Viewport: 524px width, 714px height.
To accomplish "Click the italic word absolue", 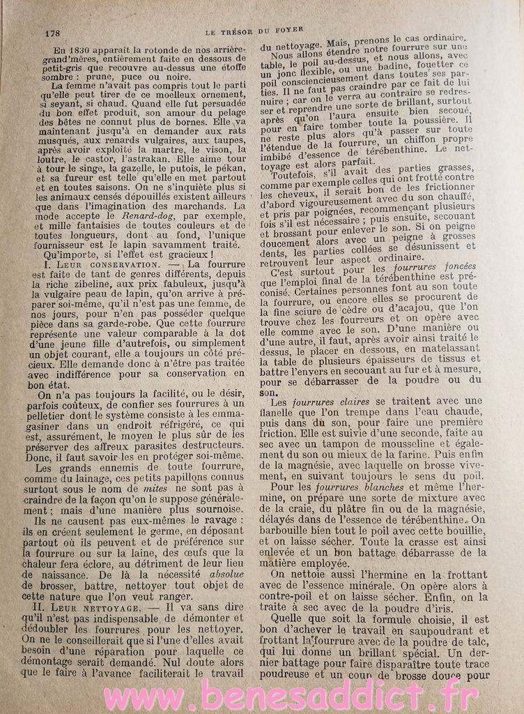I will click(210, 556).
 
